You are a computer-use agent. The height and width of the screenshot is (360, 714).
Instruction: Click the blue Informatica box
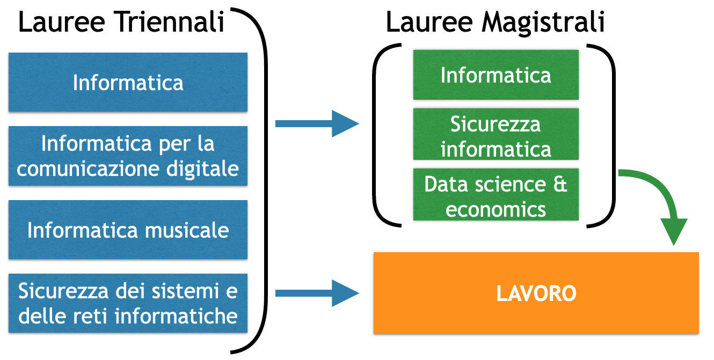(128, 82)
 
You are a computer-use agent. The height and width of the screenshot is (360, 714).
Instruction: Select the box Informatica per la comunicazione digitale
(128, 156)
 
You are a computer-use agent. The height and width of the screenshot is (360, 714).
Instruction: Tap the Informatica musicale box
(128, 230)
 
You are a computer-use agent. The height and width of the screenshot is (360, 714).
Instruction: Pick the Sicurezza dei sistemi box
(128, 304)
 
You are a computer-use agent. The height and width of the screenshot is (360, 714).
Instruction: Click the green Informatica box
(496, 75)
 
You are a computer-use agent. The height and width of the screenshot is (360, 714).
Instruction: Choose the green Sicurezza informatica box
(496, 136)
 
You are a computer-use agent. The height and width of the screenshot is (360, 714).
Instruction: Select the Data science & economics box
(496, 196)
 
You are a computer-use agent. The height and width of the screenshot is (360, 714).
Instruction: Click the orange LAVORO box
(536, 293)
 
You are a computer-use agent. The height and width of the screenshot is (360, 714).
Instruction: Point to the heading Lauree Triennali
(121, 23)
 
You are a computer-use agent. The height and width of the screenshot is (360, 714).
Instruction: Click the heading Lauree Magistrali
(495, 23)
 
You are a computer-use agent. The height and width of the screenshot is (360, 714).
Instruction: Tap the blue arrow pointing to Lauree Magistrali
(317, 124)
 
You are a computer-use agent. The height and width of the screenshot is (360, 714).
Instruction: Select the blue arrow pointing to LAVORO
(317, 293)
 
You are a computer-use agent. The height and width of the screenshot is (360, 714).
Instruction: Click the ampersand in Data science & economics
(559, 184)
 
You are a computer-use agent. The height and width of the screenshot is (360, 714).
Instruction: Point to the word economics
(496, 209)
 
